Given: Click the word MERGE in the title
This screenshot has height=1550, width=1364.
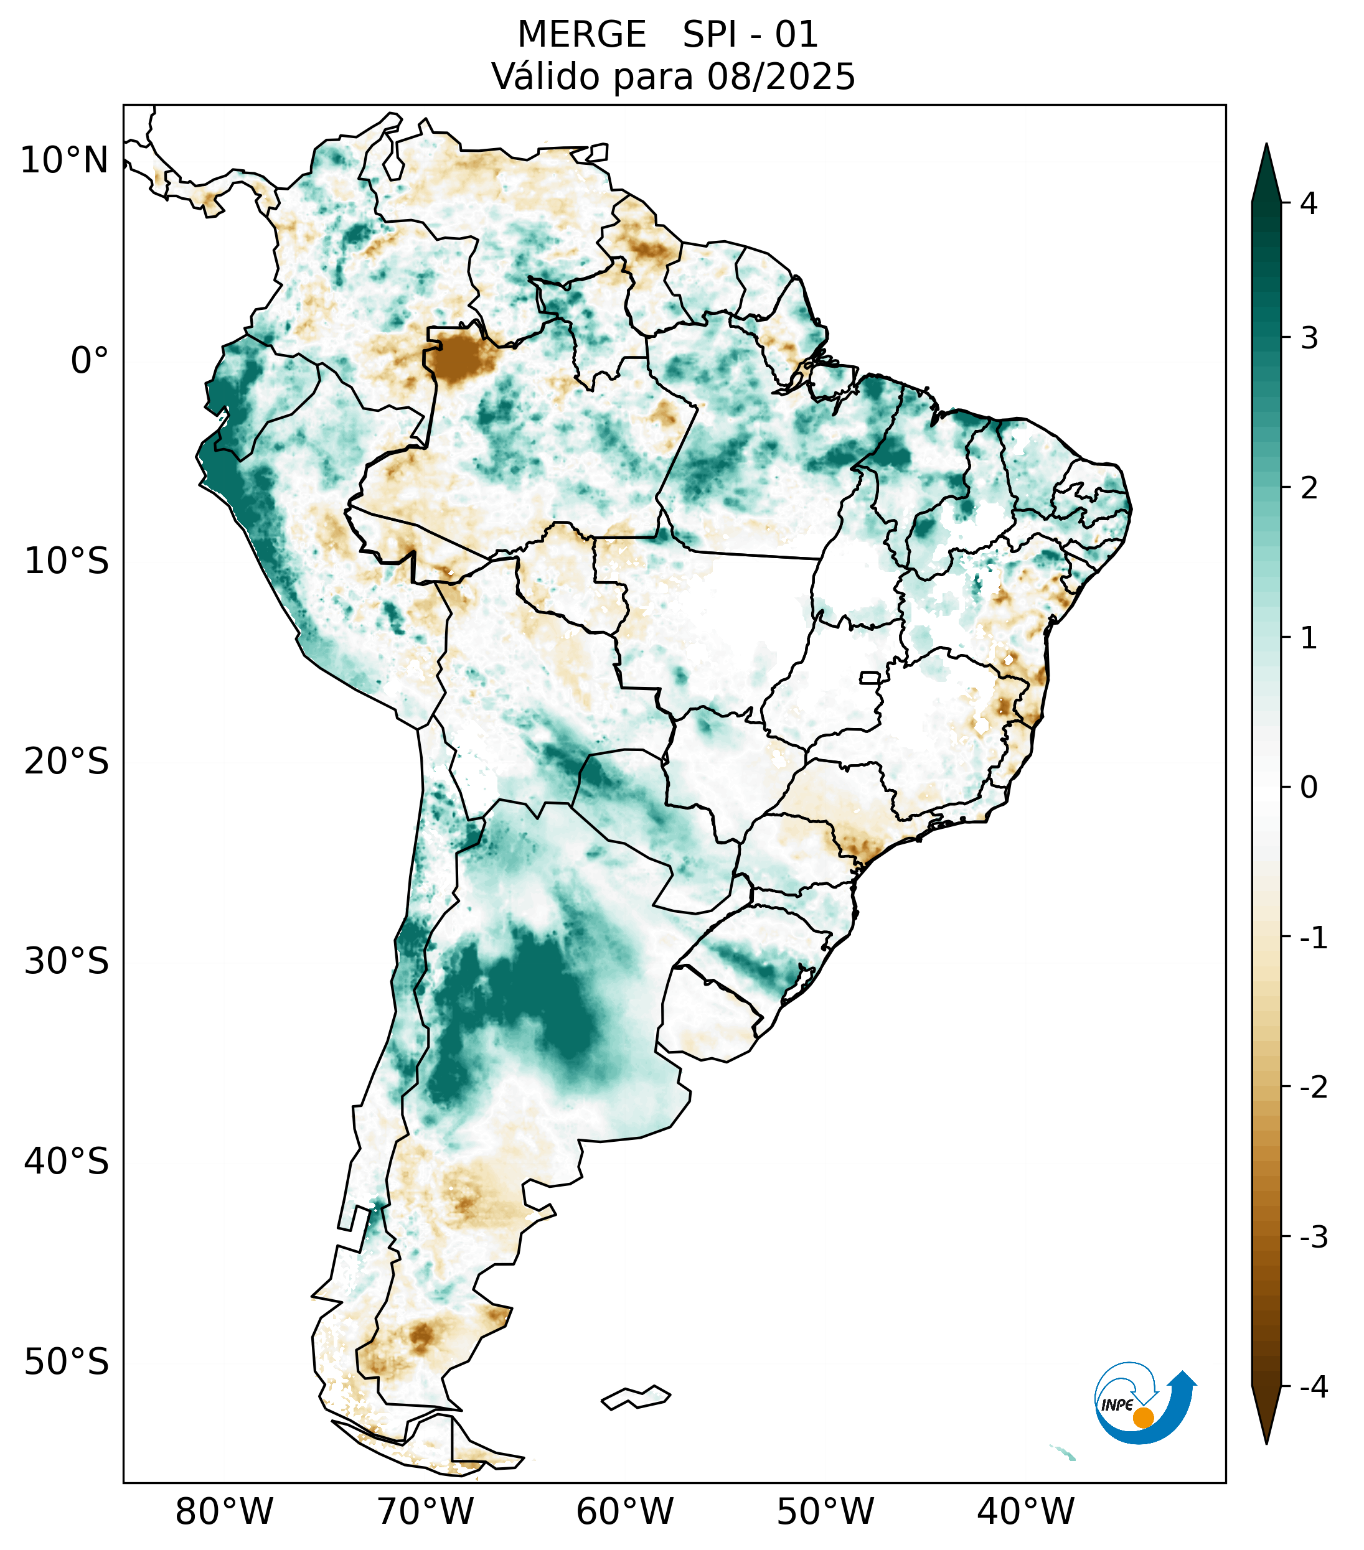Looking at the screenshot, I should (x=582, y=35).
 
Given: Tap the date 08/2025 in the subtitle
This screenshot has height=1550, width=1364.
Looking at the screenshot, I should (x=781, y=77).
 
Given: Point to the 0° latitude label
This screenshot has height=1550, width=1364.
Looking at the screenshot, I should (x=90, y=360).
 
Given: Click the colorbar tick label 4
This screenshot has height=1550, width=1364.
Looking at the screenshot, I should (x=1309, y=203).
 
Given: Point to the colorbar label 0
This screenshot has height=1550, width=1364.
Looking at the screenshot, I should (x=1309, y=788).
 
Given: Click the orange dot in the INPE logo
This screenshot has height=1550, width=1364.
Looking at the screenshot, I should (x=1142, y=1417).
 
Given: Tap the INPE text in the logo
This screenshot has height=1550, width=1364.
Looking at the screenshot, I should (x=1117, y=1405).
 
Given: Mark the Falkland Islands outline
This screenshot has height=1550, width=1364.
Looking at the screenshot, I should (x=636, y=1397).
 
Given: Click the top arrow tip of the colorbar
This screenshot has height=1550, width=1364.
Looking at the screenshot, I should (x=1266, y=146).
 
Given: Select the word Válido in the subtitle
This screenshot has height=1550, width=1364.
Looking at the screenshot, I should (x=546, y=77).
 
